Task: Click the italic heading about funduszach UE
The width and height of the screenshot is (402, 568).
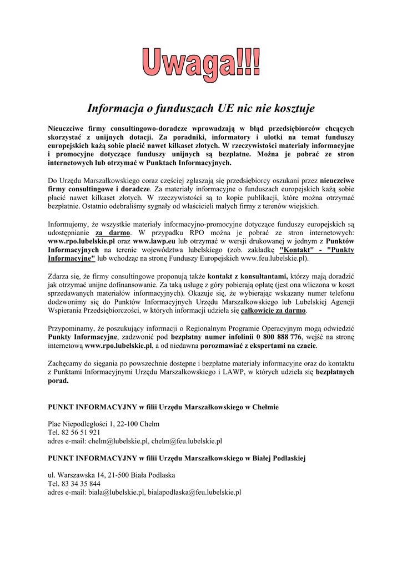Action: coord(201,107)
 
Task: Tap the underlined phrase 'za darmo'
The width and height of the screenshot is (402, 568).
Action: coord(113,233)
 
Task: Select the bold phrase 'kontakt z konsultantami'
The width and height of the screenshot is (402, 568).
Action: coord(247,276)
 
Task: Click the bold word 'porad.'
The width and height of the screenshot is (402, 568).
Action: coord(58,381)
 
